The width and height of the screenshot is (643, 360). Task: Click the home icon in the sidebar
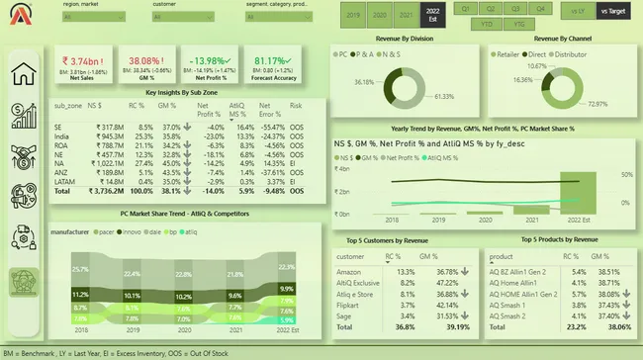tap(24, 76)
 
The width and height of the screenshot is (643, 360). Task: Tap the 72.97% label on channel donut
tap(597, 103)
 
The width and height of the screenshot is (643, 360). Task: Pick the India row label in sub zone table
tap(61, 135)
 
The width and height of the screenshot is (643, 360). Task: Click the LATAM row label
tap(63, 181)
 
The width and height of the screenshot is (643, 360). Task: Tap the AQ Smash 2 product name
tap(509, 316)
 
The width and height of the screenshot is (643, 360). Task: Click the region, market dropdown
tap(95, 17)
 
